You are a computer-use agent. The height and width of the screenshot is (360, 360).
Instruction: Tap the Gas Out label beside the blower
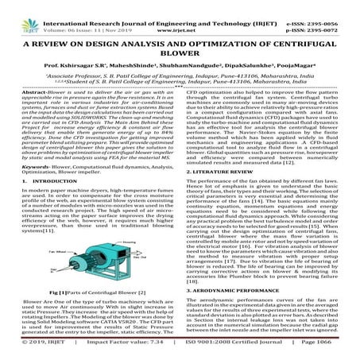click(x=141, y=258)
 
